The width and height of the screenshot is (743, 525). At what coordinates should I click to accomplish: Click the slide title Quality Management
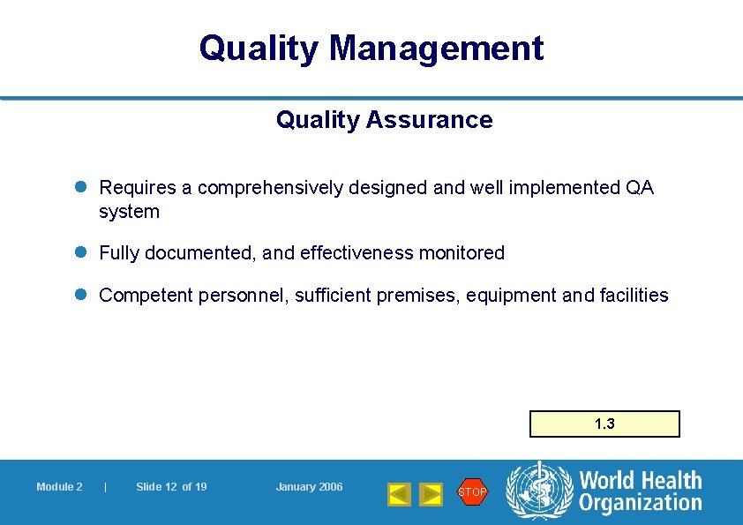click(x=371, y=48)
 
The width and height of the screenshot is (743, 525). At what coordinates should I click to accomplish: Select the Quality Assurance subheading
click(x=384, y=120)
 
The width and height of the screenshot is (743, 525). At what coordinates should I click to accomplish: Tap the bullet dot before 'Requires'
click(x=80, y=188)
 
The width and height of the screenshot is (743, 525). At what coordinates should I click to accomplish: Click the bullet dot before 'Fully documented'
click(x=80, y=253)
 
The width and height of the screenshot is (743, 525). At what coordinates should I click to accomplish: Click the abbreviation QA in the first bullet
click(x=639, y=188)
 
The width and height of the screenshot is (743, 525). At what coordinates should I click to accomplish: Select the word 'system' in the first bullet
click(x=129, y=212)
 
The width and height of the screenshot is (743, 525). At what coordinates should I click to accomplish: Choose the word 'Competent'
click(x=144, y=296)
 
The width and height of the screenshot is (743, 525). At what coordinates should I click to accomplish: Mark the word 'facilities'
click(x=634, y=296)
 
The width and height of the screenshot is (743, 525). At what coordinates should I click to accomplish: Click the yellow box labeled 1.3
click(x=604, y=424)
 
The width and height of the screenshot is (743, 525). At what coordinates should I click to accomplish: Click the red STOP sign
click(x=472, y=491)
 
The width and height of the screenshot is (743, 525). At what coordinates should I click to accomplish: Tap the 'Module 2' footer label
click(x=59, y=487)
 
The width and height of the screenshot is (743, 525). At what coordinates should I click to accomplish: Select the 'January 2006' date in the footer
click(x=309, y=487)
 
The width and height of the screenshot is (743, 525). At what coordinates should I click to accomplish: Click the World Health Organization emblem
click(x=538, y=491)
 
